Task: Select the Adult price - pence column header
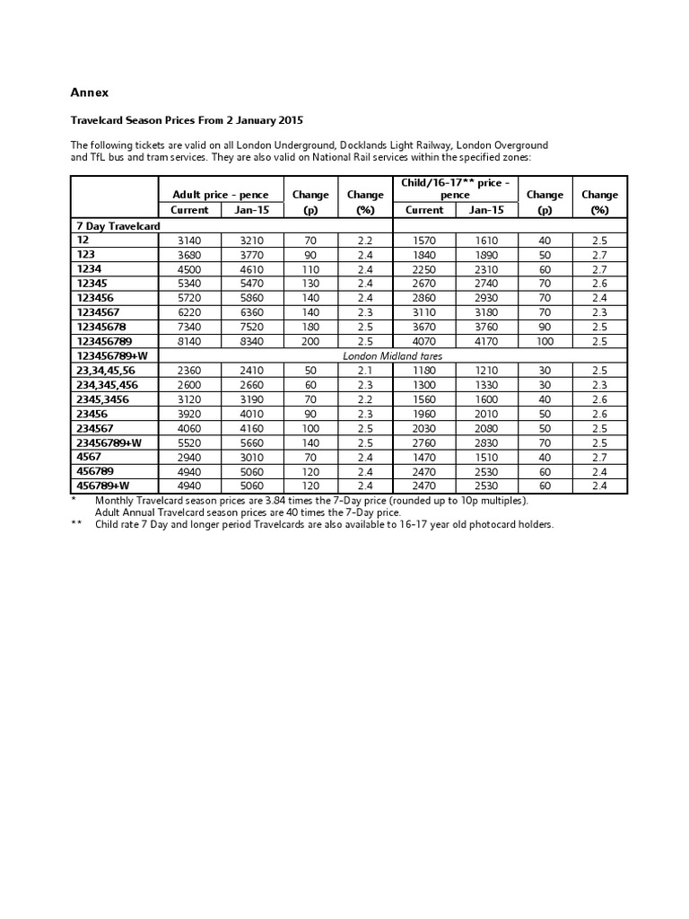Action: click(221, 195)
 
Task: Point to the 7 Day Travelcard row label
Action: click(118, 226)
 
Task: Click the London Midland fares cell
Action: click(393, 355)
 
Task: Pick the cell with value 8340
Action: click(252, 341)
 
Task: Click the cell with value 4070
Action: click(424, 341)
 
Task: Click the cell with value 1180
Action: click(424, 370)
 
